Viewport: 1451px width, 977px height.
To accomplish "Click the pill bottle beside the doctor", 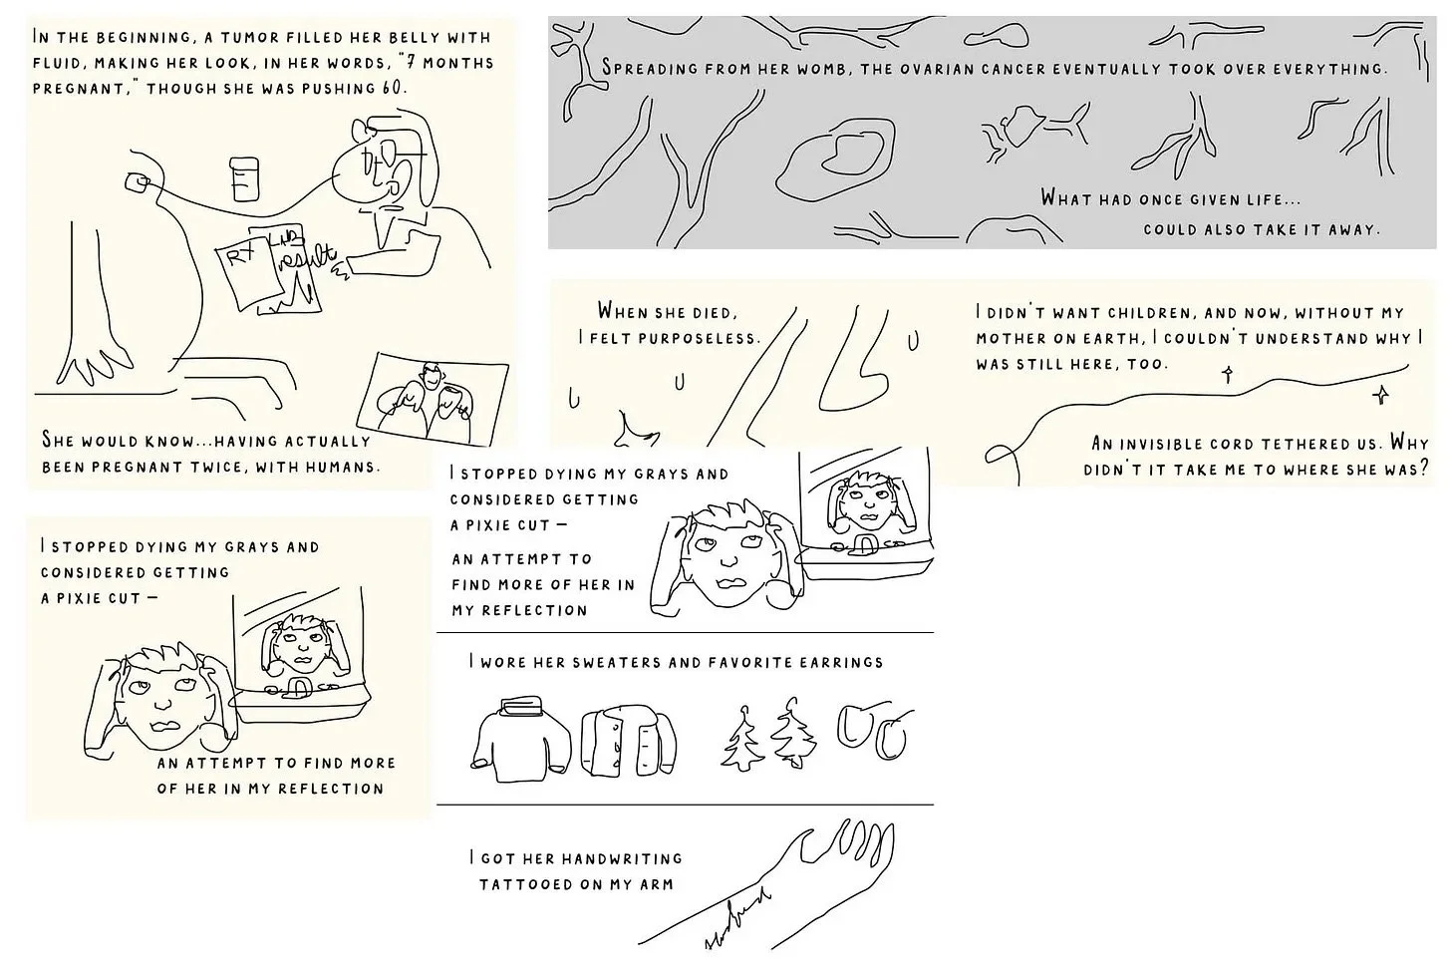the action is tap(244, 178).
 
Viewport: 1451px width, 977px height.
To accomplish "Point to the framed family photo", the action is tap(433, 399).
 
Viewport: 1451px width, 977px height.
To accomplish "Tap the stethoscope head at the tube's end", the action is tap(137, 182).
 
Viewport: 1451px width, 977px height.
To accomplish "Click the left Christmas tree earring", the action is tap(743, 738).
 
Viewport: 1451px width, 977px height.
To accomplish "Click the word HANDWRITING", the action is tap(622, 858).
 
